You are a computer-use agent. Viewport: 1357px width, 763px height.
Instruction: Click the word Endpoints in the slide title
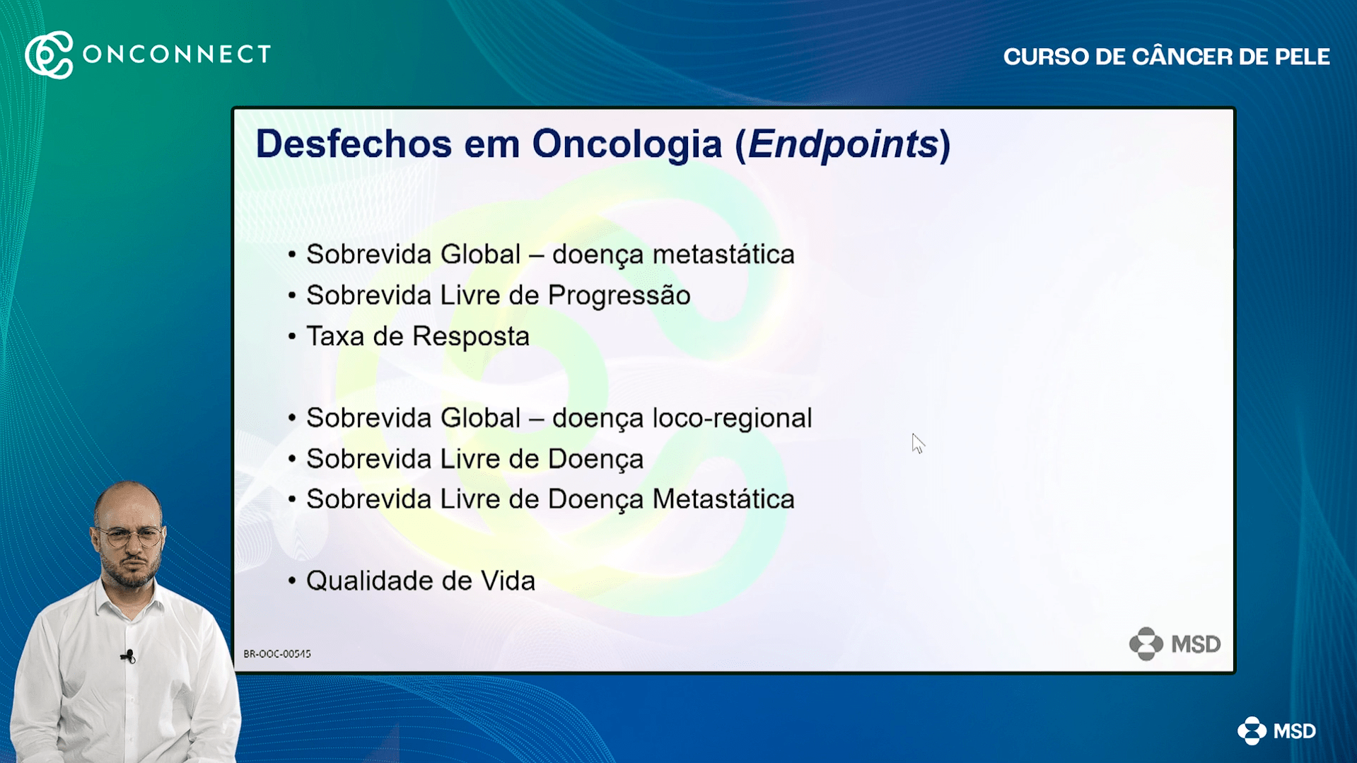(x=843, y=145)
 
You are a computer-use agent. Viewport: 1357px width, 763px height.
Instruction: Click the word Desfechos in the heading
(x=354, y=144)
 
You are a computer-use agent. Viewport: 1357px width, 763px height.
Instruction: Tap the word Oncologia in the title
(x=627, y=145)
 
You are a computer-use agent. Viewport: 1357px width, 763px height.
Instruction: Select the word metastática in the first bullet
(x=723, y=254)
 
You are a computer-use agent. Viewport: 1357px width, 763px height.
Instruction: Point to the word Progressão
(x=619, y=296)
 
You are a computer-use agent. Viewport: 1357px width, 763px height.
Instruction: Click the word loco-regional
(x=732, y=419)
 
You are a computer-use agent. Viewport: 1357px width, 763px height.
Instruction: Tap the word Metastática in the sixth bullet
(x=723, y=499)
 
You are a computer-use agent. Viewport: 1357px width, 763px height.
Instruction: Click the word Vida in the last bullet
(x=508, y=581)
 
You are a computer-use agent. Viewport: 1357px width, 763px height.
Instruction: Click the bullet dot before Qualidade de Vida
(x=292, y=581)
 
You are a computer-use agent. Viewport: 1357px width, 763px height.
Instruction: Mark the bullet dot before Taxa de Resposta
(x=292, y=336)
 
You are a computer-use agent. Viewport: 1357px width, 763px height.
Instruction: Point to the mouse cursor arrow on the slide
(x=918, y=443)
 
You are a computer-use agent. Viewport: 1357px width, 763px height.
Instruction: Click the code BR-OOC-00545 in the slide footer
(x=277, y=654)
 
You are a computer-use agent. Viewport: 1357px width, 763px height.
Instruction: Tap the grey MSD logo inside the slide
(x=1175, y=644)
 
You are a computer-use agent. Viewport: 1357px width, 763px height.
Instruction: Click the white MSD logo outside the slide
(x=1276, y=731)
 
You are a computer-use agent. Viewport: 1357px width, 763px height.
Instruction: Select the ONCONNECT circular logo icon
(x=49, y=54)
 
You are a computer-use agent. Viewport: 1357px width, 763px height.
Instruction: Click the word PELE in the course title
(x=1303, y=57)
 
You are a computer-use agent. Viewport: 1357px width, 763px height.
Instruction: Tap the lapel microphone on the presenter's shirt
(x=129, y=656)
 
